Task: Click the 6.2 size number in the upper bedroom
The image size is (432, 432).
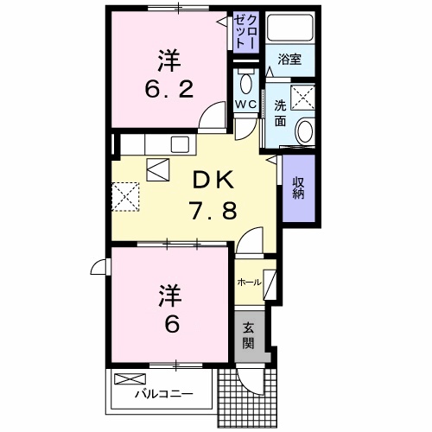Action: click(x=168, y=89)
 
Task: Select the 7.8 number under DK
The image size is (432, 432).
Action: click(x=212, y=209)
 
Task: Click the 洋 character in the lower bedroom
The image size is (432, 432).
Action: click(x=169, y=295)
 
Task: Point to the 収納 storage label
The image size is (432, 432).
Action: click(x=298, y=187)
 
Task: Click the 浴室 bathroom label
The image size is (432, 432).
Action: click(x=289, y=60)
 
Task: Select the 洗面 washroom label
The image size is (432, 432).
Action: click(x=281, y=113)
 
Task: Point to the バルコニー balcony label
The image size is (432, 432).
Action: click(x=162, y=395)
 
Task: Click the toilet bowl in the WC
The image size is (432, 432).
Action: click(x=245, y=83)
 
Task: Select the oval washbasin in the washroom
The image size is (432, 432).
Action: click(x=305, y=132)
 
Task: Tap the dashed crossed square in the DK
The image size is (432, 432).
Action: click(x=126, y=194)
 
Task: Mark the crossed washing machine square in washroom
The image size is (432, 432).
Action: click(x=302, y=98)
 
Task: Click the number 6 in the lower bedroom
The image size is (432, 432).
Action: click(x=170, y=326)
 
